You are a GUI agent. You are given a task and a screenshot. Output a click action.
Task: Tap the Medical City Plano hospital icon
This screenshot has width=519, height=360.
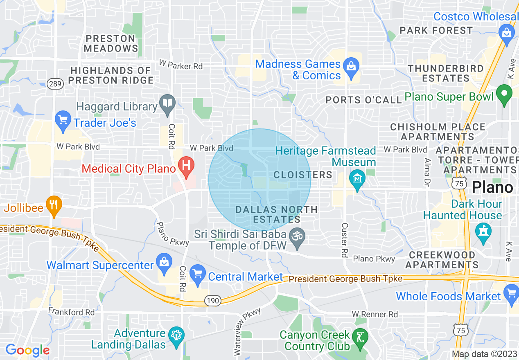pos(186,166)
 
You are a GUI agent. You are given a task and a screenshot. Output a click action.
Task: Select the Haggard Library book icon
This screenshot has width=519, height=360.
pos(167,104)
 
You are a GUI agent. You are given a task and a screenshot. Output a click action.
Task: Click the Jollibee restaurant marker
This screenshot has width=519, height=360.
pos(53,205)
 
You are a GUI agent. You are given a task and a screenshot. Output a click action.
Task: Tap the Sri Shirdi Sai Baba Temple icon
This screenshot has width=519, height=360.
pos(297,238)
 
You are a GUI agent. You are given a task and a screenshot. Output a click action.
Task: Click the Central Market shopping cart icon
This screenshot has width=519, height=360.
pos(198,274)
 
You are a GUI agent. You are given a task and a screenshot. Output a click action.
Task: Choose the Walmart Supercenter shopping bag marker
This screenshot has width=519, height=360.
pos(164,263)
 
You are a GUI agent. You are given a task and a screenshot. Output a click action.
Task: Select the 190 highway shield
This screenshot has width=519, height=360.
pos(213,301)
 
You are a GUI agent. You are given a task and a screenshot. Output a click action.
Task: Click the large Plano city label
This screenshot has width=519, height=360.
pos(492,187)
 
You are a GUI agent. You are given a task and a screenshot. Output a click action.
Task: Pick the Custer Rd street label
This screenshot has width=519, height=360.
pos(345,240)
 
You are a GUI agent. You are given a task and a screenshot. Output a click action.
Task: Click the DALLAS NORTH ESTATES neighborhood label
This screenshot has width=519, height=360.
pos(277,214)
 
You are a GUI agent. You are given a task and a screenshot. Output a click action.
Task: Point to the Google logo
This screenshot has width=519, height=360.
pos(27,350)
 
